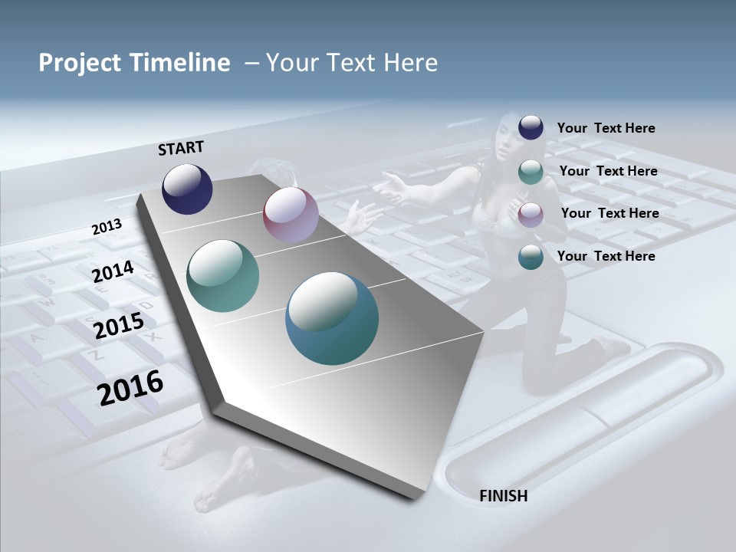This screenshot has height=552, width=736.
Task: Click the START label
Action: point(181,148)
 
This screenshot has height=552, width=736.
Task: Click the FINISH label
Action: point(503,496)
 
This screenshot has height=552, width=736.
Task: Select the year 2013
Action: point(107,227)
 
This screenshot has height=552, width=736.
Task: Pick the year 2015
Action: point(118,326)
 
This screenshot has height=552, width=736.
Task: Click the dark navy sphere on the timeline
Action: point(187,189)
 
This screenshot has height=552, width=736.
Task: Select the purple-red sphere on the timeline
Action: point(291,215)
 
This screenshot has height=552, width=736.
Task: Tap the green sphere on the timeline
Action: point(222,276)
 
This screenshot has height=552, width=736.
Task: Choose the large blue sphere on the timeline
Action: point(332,317)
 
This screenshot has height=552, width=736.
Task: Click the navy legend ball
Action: point(531,128)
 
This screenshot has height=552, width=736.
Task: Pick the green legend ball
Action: point(531,172)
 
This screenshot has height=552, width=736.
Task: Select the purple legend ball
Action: point(531,215)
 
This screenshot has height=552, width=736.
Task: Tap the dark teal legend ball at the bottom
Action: point(531,257)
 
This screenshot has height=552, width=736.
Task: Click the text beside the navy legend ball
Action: point(606,128)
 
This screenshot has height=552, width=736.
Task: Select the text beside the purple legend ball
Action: point(609,213)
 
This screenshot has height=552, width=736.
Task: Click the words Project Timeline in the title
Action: point(134,63)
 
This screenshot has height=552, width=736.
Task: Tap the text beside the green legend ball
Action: point(608,171)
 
